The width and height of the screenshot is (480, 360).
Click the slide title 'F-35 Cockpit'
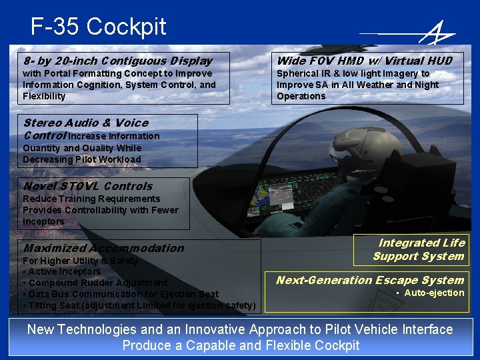98,27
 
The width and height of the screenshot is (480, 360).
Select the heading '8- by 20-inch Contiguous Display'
117,61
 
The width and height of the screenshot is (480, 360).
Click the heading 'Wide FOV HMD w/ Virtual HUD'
364,61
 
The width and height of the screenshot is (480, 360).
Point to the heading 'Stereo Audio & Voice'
85,123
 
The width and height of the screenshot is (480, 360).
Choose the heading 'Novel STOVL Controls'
87,186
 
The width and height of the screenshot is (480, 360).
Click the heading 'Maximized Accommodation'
103,248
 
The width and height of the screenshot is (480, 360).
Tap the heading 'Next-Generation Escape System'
369,280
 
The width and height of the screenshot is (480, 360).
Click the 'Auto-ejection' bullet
433,293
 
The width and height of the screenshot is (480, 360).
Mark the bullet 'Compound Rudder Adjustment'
95,283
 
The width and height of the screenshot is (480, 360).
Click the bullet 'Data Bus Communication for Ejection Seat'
120,294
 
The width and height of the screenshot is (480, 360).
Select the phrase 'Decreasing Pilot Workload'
81,159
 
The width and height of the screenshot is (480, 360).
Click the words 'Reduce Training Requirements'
91,199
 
